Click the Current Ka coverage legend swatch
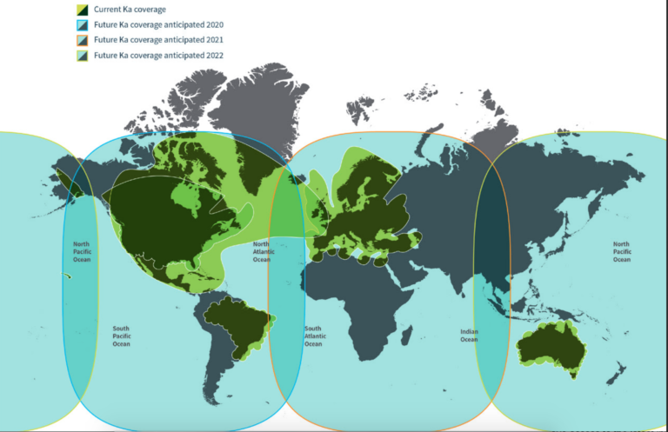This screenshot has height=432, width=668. [81, 10]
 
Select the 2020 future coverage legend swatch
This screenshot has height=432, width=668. [81, 25]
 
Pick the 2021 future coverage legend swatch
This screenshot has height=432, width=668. [81, 40]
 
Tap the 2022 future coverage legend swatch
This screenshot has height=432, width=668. [81, 55]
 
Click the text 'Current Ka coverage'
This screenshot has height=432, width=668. [130, 10]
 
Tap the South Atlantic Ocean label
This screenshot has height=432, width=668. [313, 336]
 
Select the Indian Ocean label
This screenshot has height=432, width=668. [469, 336]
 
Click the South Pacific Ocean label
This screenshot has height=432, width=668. [121, 336]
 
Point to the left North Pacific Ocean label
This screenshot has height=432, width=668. [81, 251]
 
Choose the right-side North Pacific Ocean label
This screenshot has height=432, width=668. [621, 251]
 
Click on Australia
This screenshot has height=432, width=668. [550, 348]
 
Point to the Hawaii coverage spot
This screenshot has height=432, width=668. [67, 276]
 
